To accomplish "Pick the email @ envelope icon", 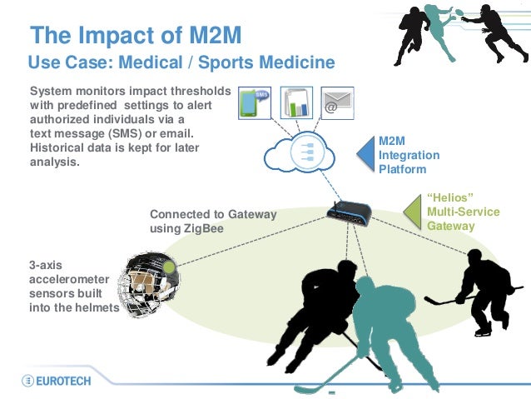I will click(337, 103).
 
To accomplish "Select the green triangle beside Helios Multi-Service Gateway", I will click(411, 212).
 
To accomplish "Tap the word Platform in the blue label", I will click(403, 169).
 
